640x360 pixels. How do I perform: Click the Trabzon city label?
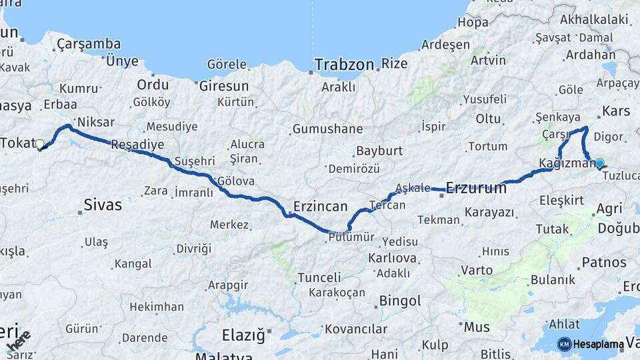(344, 65)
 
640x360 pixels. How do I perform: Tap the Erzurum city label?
(476, 188)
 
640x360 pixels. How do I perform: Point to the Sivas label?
(103, 205)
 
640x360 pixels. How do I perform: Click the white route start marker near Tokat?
(40, 144)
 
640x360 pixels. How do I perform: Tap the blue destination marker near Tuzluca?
(599, 163)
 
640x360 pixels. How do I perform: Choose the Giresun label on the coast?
(224, 86)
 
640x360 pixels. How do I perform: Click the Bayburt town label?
(379, 151)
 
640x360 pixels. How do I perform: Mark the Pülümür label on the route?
(351, 237)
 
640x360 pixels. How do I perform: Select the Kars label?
(615, 110)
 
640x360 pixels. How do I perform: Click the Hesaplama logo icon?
(565, 344)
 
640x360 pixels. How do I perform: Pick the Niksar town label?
(96, 122)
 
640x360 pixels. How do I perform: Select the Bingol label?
(400, 301)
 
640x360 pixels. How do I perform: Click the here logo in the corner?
(18, 341)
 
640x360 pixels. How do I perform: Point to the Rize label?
(394, 65)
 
